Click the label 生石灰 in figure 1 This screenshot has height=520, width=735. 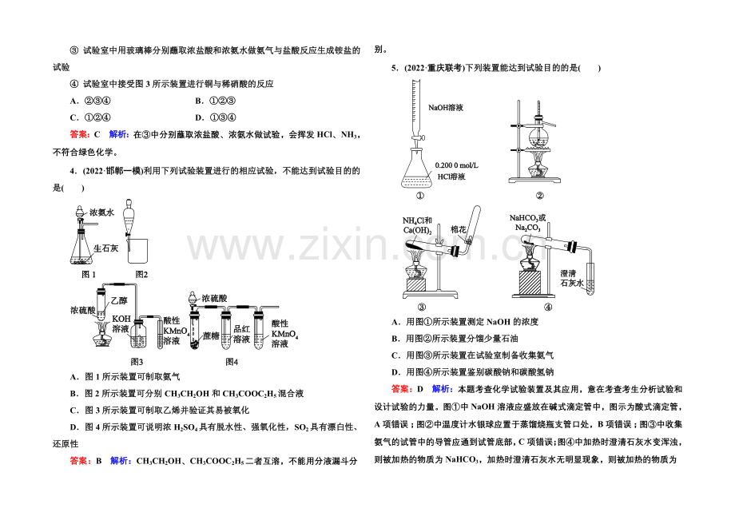[x=106, y=248]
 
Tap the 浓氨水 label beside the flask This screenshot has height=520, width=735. [x=101, y=212]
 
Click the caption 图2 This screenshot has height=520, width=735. [x=141, y=275]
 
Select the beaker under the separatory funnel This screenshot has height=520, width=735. [x=137, y=251]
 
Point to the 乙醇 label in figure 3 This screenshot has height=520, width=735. [x=118, y=300]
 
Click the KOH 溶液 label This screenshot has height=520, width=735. [x=121, y=324]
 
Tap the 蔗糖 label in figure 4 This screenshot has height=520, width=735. [x=211, y=336]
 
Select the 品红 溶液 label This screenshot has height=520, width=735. [x=242, y=334]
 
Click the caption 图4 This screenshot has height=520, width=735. [x=232, y=362]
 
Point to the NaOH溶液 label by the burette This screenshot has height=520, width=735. [x=446, y=108]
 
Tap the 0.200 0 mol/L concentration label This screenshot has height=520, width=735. [x=456, y=165]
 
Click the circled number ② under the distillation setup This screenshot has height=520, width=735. [x=539, y=196]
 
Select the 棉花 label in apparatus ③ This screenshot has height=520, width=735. [x=459, y=229]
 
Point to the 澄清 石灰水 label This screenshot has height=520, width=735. [x=572, y=278]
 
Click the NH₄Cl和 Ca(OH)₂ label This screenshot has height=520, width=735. [x=417, y=225]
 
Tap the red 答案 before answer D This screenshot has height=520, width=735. [x=401, y=389]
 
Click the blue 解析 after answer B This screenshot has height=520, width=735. [x=120, y=461]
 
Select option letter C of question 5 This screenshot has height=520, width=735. [x=395, y=355]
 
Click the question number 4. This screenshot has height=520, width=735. [x=73, y=171]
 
